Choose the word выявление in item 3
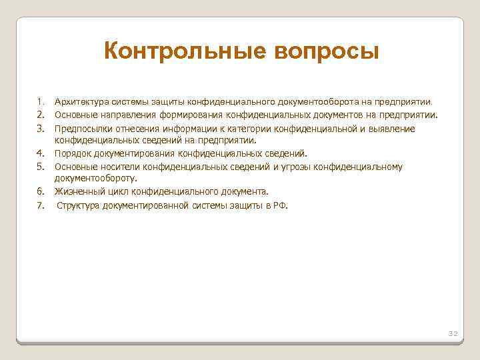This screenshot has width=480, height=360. click(394, 128)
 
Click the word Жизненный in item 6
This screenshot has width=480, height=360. click(76, 191)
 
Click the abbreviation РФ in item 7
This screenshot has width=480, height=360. click(280, 205)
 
